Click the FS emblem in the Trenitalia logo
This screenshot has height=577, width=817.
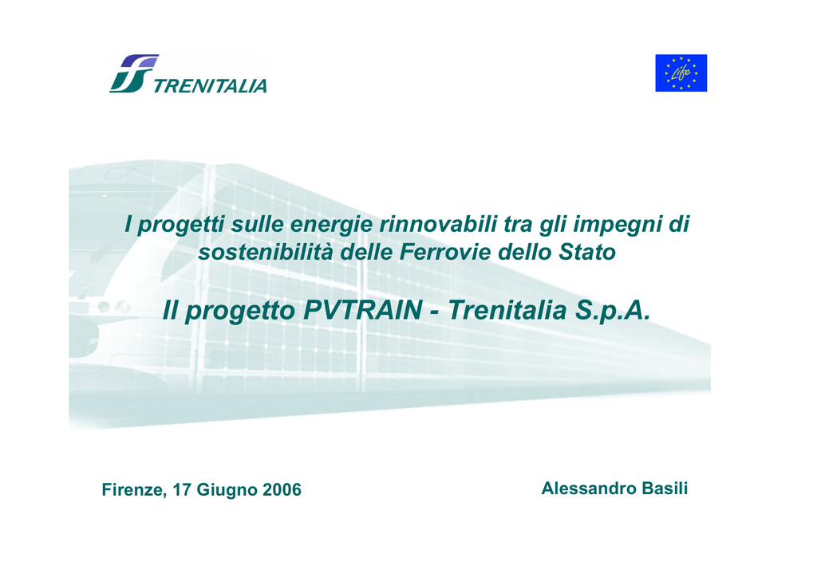click(x=134, y=73)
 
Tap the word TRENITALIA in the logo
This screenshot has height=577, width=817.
click(x=210, y=86)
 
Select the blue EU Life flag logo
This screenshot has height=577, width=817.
click(x=681, y=73)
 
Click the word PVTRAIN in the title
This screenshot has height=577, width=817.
click(x=363, y=310)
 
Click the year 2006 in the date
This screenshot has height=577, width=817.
click(x=282, y=490)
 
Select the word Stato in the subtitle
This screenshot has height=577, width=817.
click(x=587, y=253)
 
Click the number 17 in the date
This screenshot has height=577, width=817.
click(x=182, y=490)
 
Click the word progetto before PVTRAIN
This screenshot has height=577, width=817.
click(x=240, y=311)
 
